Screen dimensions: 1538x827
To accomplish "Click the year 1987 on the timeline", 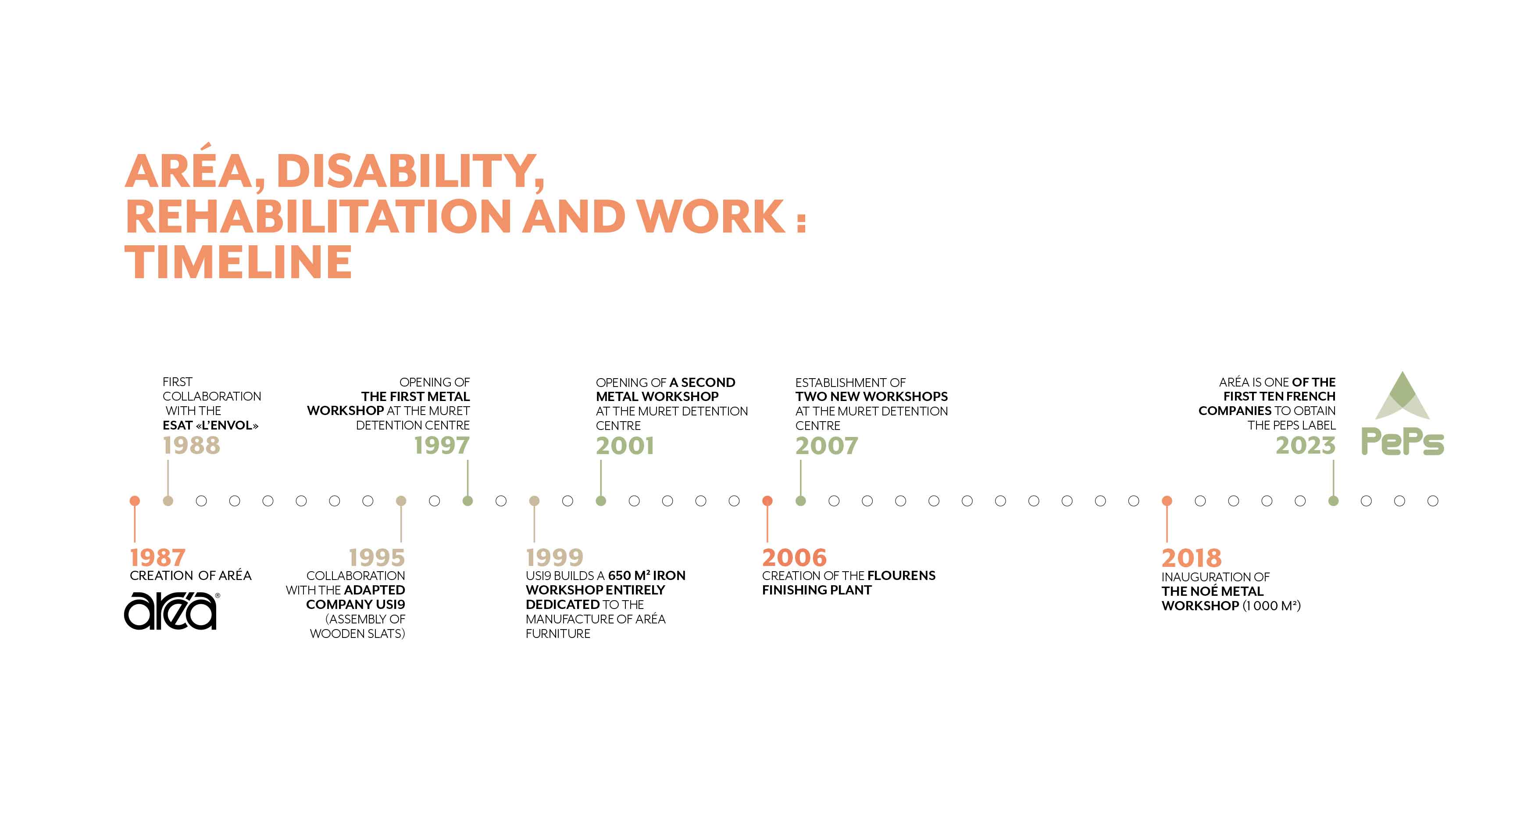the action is (157, 558).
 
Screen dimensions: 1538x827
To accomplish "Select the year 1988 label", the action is (192, 445).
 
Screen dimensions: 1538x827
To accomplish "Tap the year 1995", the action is (377, 558).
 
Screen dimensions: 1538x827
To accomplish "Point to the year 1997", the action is (442, 445).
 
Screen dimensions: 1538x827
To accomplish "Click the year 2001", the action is (624, 445).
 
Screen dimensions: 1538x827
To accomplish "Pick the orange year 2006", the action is (794, 558).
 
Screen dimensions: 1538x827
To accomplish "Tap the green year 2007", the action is (826, 445).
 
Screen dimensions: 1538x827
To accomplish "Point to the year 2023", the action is (1306, 445).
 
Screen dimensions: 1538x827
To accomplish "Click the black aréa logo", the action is (171, 610).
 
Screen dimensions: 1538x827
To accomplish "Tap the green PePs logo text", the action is (1402, 442).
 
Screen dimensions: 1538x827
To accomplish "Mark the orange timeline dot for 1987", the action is (135, 501).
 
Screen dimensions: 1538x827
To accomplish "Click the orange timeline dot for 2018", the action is (1167, 501).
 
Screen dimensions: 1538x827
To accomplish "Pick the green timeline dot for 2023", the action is (1333, 501).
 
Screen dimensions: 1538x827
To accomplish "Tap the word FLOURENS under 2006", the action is (901, 576).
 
